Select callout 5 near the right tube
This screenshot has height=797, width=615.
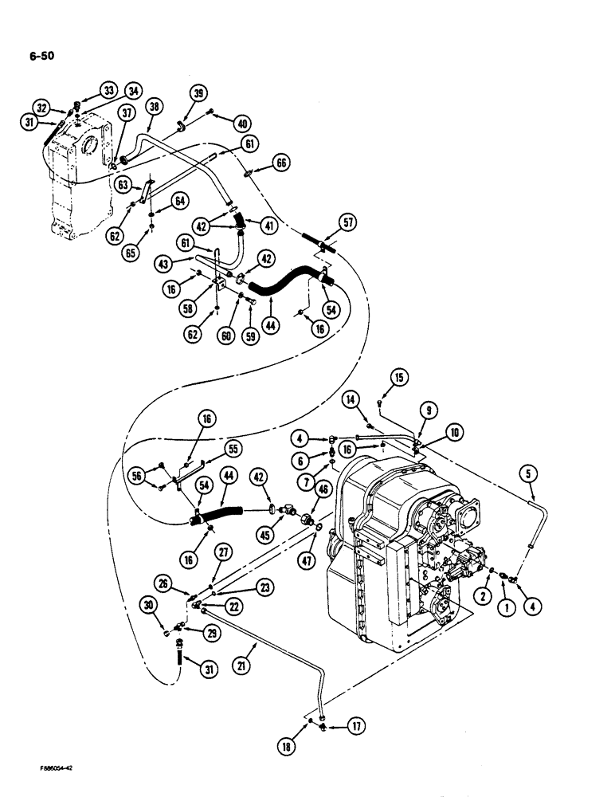click(531, 476)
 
